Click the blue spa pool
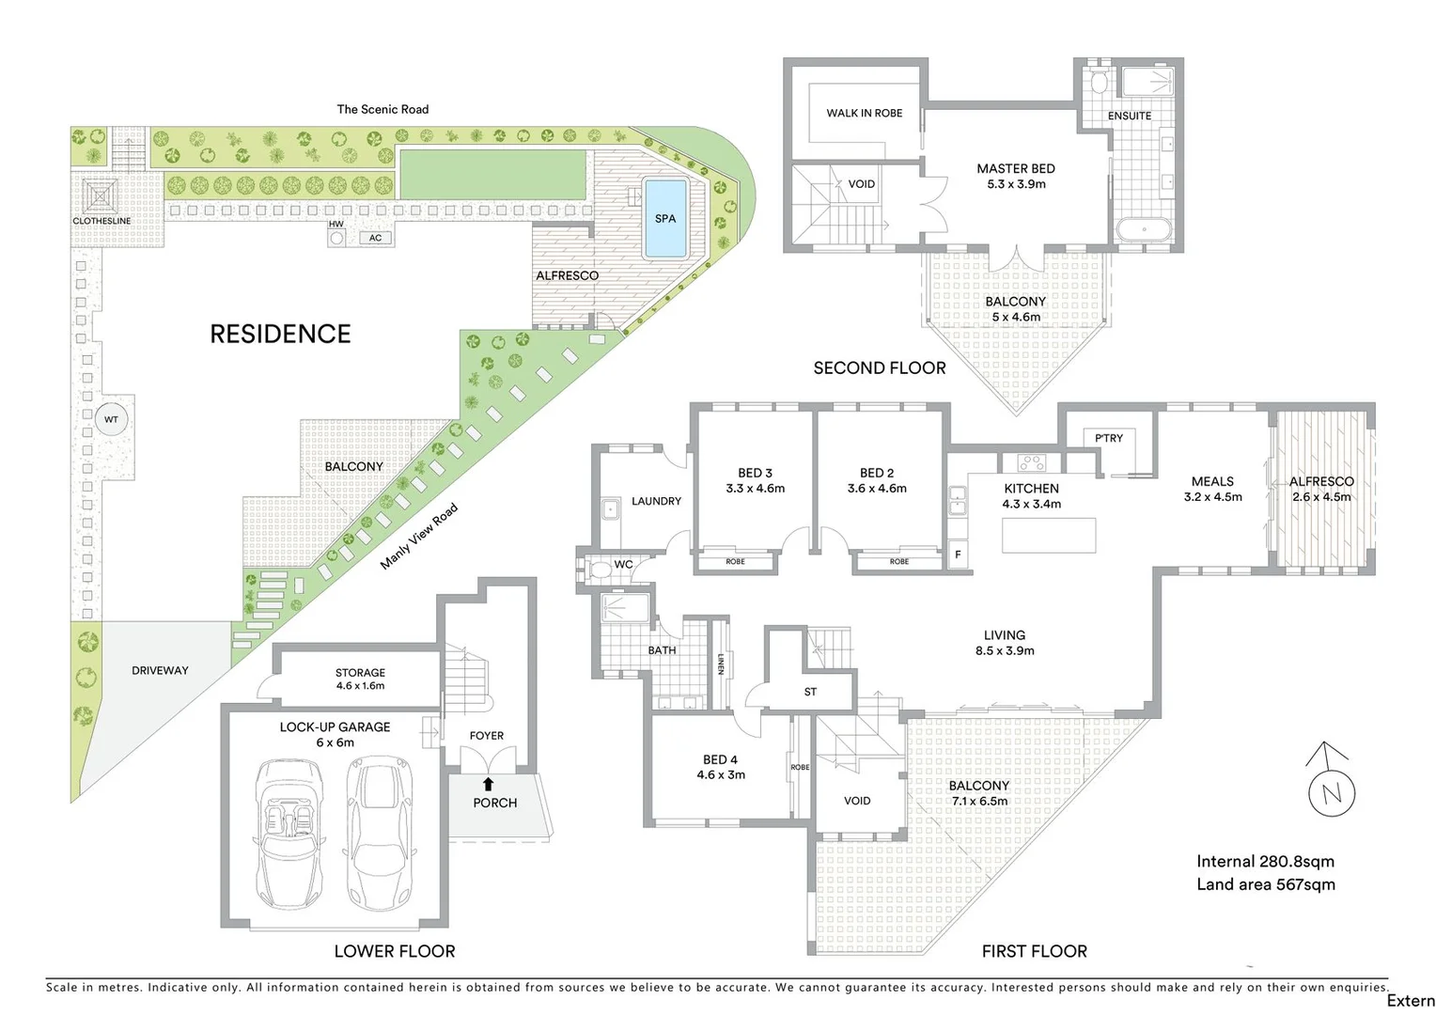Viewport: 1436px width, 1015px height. pyautogui.click(x=664, y=219)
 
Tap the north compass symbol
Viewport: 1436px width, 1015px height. pyautogui.click(x=1332, y=792)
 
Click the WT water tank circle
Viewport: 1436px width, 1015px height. pyautogui.click(x=111, y=419)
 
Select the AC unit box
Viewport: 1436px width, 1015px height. pyautogui.click(x=375, y=238)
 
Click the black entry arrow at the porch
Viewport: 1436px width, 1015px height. pyautogui.click(x=488, y=784)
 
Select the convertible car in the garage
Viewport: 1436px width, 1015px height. pyautogui.click(x=289, y=832)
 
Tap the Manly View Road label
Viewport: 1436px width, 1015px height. pyautogui.click(x=419, y=537)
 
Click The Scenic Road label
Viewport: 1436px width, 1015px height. pyautogui.click(x=382, y=109)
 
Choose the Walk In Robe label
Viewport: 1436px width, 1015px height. pyautogui.click(x=864, y=113)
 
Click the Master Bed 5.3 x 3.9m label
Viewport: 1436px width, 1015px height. pyautogui.click(x=1016, y=177)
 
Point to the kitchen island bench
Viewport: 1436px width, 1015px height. pyautogui.click(x=1049, y=535)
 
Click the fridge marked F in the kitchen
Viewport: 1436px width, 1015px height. pyautogui.click(x=958, y=554)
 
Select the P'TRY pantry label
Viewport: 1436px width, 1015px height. pyautogui.click(x=1108, y=438)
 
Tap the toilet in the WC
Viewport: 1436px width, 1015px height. pyautogui.click(x=598, y=568)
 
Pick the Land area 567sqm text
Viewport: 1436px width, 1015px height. pyautogui.click(x=1265, y=884)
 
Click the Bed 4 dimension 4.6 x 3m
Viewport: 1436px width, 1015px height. pyautogui.click(x=721, y=775)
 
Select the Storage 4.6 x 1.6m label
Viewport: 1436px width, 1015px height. pyautogui.click(x=360, y=679)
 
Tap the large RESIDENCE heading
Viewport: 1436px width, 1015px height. pyautogui.click(x=280, y=334)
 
